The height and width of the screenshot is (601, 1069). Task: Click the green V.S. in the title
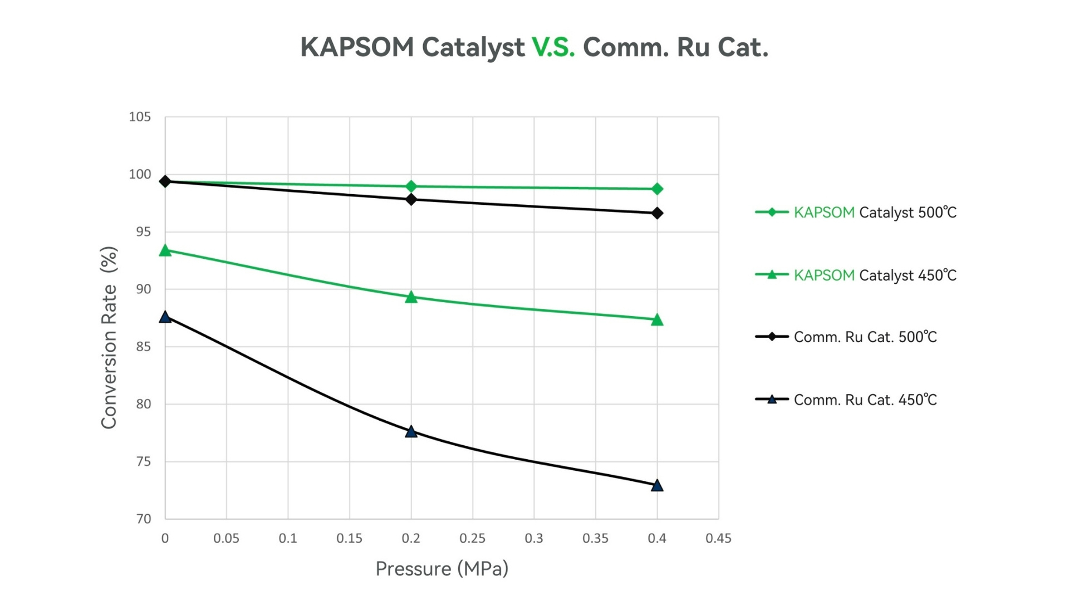(553, 47)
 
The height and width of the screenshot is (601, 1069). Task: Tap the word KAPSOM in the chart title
(357, 47)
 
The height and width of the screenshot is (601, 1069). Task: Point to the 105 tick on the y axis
(140, 117)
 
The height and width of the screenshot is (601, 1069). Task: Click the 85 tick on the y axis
(143, 347)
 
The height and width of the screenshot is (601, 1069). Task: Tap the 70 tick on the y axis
(143, 519)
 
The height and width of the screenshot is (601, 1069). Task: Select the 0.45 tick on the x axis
(718, 539)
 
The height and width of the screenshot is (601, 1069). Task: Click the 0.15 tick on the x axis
(349, 539)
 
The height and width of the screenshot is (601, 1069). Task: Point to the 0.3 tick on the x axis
(534, 539)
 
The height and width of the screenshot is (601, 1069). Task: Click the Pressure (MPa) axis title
(442, 569)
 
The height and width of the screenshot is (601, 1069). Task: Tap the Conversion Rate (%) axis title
(109, 337)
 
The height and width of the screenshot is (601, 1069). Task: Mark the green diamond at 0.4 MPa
(657, 189)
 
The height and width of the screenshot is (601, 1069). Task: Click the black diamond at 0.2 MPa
(411, 199)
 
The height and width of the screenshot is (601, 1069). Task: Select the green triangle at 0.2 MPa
(411, 297)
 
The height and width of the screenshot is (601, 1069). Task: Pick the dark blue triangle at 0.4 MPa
(657, 486)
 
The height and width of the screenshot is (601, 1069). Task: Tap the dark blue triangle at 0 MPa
(165, 317)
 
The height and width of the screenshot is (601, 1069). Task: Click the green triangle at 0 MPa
(165, 251)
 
